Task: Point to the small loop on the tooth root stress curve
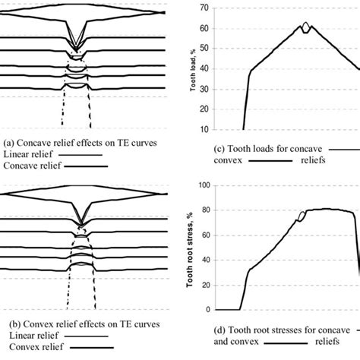tap(302, 216)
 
